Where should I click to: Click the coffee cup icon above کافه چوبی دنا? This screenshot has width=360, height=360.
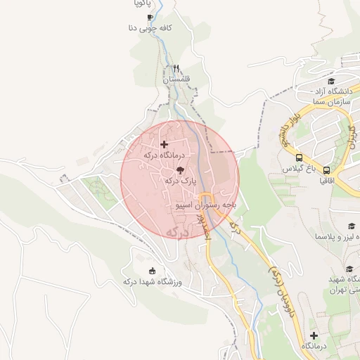149,18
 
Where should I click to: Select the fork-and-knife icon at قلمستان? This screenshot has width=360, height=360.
176,69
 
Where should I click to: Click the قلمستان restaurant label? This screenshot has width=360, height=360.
176,79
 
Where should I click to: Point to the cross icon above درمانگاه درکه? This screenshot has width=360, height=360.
164,144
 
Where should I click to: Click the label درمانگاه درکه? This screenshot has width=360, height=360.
163,155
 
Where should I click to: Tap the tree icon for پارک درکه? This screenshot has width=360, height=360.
180,170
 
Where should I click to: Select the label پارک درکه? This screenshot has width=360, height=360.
179,181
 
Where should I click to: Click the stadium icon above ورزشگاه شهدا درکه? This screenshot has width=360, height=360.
152,271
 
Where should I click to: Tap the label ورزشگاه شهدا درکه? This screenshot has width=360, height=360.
153,282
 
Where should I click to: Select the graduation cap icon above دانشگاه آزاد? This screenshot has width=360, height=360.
330,82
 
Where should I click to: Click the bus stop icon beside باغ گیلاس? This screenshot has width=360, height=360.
300,157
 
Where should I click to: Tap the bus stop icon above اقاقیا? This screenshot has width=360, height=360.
327,170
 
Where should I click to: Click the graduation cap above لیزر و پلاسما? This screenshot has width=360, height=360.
351,226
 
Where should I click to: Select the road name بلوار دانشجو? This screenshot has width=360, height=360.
290,129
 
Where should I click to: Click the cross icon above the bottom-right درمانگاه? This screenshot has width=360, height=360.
314,336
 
